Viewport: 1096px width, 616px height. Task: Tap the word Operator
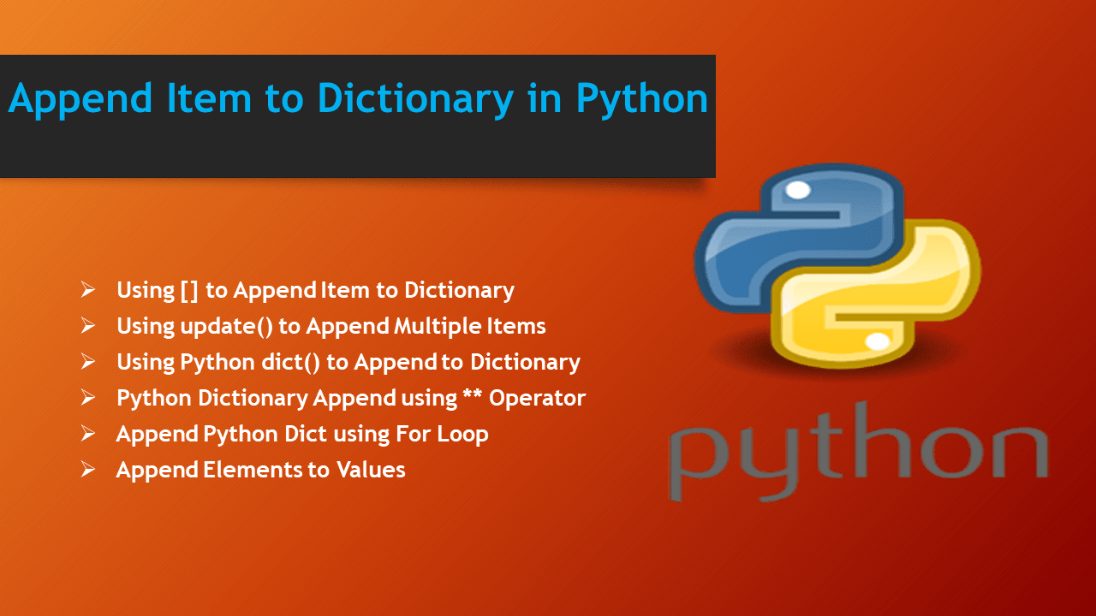[537, 399]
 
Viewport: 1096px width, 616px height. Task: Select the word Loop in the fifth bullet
[462, 434]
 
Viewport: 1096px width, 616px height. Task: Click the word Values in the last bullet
[370, 470]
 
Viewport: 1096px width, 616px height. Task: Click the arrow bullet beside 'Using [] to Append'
[88, 290]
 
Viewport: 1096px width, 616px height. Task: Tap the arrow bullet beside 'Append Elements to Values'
[88, 470]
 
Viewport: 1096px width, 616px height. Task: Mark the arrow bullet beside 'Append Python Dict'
[88, 434]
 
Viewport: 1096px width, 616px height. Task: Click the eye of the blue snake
[797, 190]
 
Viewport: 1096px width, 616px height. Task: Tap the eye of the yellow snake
[878, 342]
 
